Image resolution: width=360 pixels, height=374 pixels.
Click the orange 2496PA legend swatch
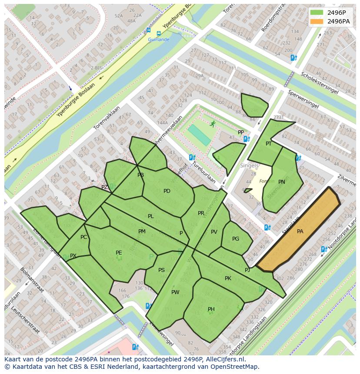coord(317,21)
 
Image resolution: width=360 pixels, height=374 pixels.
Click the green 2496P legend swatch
coord(317,12)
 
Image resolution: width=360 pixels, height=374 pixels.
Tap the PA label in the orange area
coord(300,232)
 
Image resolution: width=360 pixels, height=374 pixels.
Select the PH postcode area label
coord(211,309)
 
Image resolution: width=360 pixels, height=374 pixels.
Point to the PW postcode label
coord(175,292)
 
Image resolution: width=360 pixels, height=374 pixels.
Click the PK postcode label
coord(228,278)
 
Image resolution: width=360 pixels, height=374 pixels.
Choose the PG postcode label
coord(236,239)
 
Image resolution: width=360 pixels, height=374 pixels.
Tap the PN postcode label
coord(282,182)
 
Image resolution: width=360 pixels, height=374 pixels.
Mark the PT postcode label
coord(269,144)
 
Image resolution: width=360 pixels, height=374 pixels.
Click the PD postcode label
coord(167,191)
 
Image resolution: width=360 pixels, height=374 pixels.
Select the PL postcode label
coord(150,216)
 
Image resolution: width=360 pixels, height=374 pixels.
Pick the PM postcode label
coord(142,232)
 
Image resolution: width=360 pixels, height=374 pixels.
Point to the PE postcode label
coord(119,253)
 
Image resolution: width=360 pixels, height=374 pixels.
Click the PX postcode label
coord(73,256)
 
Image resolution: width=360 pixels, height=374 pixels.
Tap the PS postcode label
coord(161,270)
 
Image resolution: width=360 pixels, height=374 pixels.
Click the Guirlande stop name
coord(158,40)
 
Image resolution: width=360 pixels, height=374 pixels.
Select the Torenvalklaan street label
coord(107,118)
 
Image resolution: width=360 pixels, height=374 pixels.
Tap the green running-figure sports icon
coord(212,124)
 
